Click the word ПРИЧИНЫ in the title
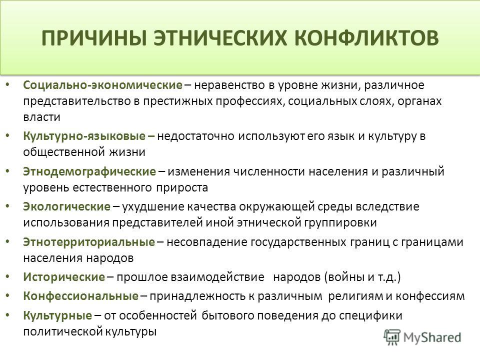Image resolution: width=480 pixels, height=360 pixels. click(x=93, y=38)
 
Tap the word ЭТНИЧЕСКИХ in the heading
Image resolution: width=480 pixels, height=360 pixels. click(x=220, y=38)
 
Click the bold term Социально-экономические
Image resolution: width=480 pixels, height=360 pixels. click(x=103, y=85)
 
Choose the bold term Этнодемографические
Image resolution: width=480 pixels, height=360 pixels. click(x=89, y=171)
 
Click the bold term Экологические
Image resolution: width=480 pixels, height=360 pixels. click(x=66, y=206)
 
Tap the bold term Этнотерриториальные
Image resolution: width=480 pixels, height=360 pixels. click(x=89, y=242)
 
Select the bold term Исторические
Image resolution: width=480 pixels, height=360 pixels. click(x=64, y=277)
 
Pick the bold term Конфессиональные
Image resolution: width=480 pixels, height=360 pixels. click(x=81, y=296)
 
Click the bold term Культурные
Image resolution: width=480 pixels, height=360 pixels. click(x=57, y=315)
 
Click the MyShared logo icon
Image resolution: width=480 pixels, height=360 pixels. click(x=392, y=337)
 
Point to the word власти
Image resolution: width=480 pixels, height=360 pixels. click(x=41, y=117)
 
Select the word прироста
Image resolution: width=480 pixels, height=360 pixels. click(x=182, y=187)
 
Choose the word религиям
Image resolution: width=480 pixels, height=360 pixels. click(x=355, y=296)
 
